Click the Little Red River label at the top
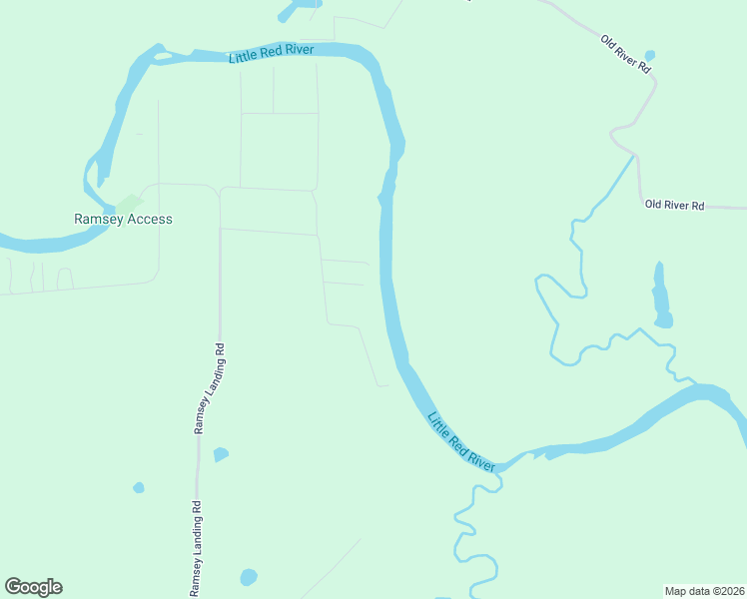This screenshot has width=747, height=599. [x=272, y=53]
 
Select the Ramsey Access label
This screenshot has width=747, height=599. [x=123, y=219]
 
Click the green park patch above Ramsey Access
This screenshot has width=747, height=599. [x=128, y=202]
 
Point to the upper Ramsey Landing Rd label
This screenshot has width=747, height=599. [x=209, y=388]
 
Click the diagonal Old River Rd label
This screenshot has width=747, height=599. [x=626, y=54]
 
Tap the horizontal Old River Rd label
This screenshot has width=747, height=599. [x=675, y=205]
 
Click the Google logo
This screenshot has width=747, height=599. [x=33, y=586]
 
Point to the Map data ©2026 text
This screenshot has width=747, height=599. [x=705, y=590]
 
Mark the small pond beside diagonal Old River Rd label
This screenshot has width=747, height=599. [x=650, y=55]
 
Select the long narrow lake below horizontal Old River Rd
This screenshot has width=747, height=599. [x=660, y=297]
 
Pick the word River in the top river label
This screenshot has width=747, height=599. [x=297, y=50]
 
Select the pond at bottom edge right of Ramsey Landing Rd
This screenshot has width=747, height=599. [x=249, y=577]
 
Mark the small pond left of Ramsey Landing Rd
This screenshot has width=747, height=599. [x=139, y=487]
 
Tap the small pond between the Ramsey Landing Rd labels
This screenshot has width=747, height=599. [x=221, y=454]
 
